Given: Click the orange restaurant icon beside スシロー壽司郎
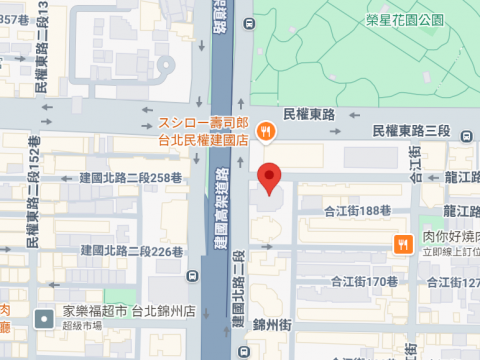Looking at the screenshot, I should coord(265,130).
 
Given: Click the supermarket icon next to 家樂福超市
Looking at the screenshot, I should coord(44,319).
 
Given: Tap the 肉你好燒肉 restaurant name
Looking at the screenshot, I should coord(450,237).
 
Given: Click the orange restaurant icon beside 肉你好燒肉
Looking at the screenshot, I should coord(403,244).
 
